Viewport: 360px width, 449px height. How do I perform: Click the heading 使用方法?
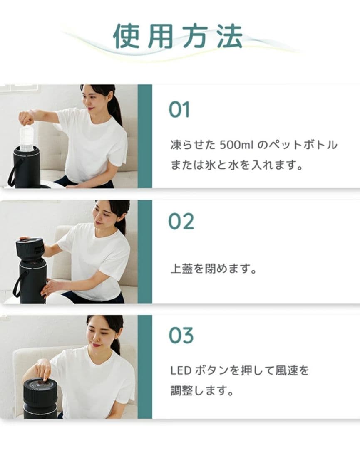click(178, 37)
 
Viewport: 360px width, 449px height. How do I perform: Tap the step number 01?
click(179, 109)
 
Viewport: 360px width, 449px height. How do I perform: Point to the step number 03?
click(181, 335)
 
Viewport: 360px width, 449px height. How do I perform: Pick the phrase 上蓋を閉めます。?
click(213, 269)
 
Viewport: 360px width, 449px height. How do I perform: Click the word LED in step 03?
click(179, 370)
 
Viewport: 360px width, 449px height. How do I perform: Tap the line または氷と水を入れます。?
click(236, 165)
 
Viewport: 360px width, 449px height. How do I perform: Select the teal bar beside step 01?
click(145, 136)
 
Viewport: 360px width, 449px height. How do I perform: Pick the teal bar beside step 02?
click(145, 252)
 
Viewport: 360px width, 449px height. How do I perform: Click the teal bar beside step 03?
click(145, 366)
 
